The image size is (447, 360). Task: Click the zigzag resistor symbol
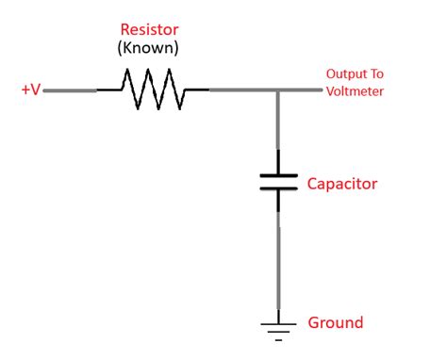coord(152,90)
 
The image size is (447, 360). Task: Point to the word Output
coord(342,74)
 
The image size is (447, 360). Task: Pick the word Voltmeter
coord(355,91)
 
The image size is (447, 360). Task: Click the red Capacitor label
coord(342,183)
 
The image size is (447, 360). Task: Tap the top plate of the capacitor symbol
coord(278,174)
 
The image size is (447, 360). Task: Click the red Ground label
coord(335,322)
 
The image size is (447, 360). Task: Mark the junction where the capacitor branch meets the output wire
coord(278,90)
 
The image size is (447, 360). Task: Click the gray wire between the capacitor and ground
coord(278,264)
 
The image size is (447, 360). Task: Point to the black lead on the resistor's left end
coord(108,90)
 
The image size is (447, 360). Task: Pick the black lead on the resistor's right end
coord(195,90)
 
